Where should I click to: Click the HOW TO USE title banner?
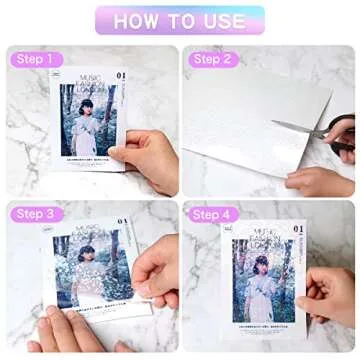tap(180, 20)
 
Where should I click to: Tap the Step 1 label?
tap(34, 60)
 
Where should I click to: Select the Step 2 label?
tap(211, 60)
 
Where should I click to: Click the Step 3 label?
tap(34, 213)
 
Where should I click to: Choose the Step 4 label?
tap(211, 213)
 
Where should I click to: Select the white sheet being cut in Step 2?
tap(250, 125)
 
